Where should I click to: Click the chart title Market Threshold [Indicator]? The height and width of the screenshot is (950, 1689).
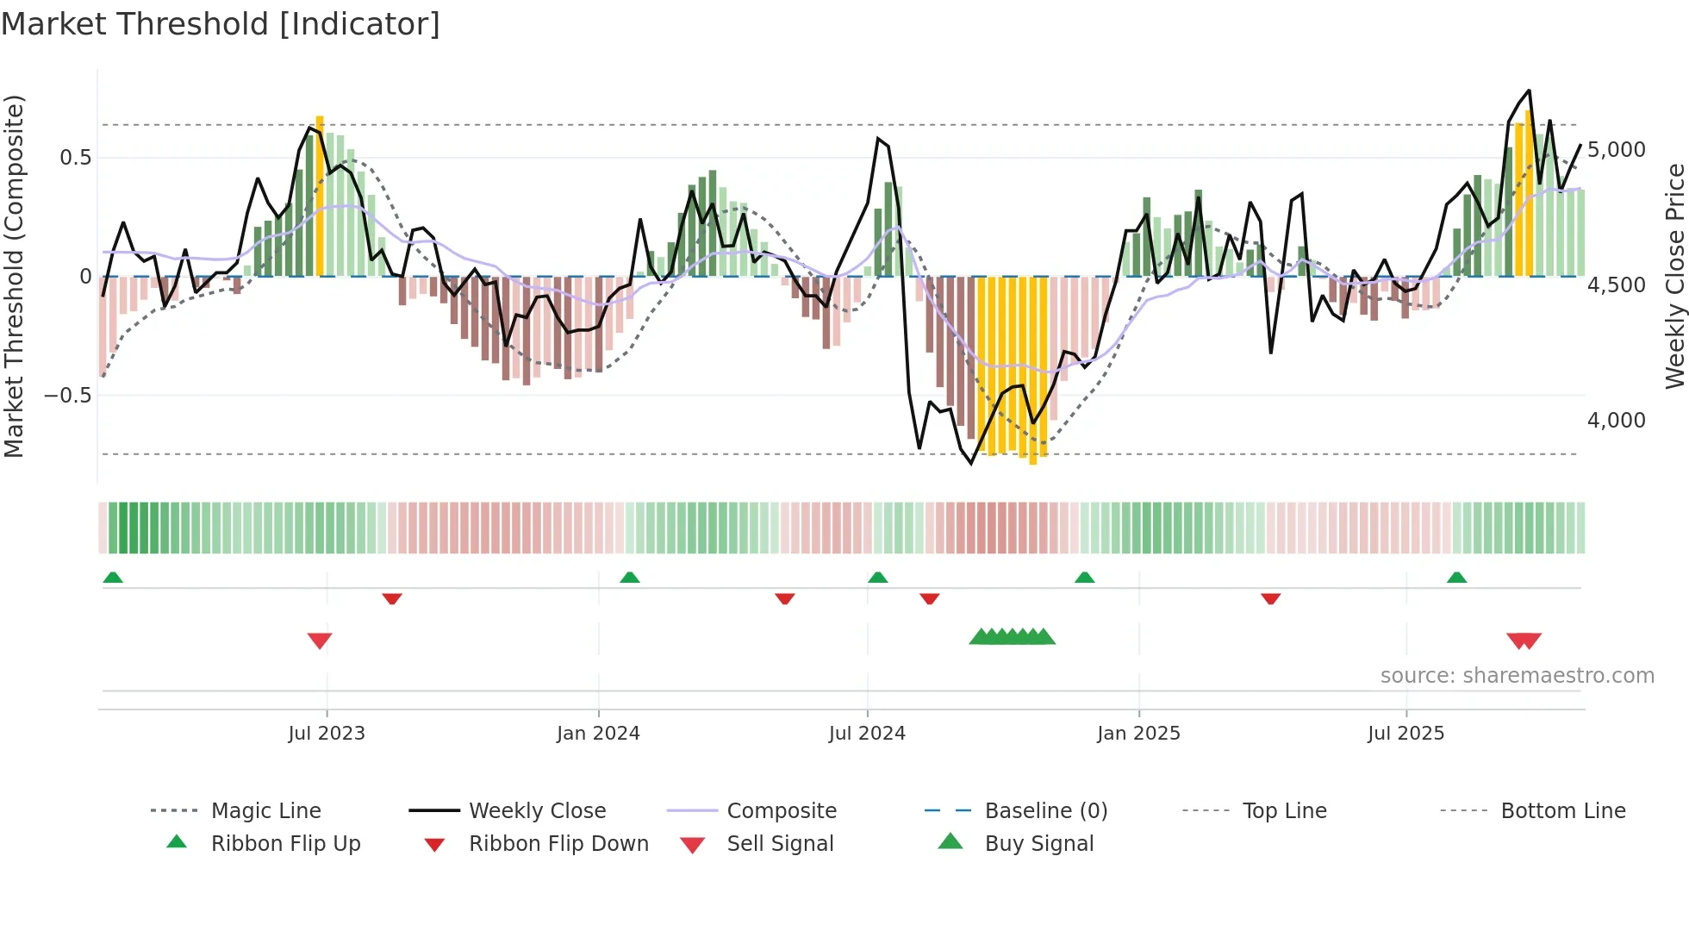tap(221, 24)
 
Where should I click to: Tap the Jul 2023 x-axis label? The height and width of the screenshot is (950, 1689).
tap(327, 734)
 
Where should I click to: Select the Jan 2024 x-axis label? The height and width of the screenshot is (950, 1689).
tap(598, 734)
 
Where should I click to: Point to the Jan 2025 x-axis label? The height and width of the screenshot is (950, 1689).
tap(1138, 734)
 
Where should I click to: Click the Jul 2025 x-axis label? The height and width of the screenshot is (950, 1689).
tap(1405, 734)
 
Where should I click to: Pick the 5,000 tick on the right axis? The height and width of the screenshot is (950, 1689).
tap(1616, 150)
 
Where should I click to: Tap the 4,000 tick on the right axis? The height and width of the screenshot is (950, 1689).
tap(1616, 421)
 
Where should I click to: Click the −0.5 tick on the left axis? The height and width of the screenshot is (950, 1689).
tap(67, 396)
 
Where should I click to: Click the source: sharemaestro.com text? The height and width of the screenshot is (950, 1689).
tap(1517, 676)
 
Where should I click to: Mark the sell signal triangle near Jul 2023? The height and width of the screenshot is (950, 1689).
tap(320, 641)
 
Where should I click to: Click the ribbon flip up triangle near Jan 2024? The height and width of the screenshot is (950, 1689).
tap(630, 578)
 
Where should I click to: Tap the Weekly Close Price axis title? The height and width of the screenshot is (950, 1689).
tap(1674, 276)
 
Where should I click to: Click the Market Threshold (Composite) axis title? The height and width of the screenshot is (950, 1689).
tap(14, 276)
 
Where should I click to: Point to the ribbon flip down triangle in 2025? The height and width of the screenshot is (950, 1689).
tap(1270, 598)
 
